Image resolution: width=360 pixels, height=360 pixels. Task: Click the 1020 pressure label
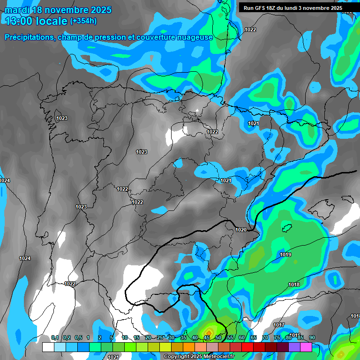pyautogui.click(x=241, y=230)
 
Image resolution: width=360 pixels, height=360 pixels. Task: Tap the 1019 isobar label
pyautogui.click(x=285, y=255)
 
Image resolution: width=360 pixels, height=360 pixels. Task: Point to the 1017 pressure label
pyautogui.click(x=279, y=325)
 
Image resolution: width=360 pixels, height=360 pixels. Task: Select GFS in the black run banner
pyautogui.click(x=261, y=8)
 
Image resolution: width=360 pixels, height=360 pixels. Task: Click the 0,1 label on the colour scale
pyautogui.click(x=55, y=338)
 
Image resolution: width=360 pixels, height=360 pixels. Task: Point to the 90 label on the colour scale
pyautogui.click(x=312, y=338)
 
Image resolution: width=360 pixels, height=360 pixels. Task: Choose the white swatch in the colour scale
pyautogui.click(x=48, y=347)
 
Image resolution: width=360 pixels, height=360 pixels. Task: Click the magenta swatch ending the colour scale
pyautogui.click(x=306, y=347)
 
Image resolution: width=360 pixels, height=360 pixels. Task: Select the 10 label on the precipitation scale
pyautogui.click(x=125, y=338)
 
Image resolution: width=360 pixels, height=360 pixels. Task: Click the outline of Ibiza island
pyautogui.click(x=287, y=227)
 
